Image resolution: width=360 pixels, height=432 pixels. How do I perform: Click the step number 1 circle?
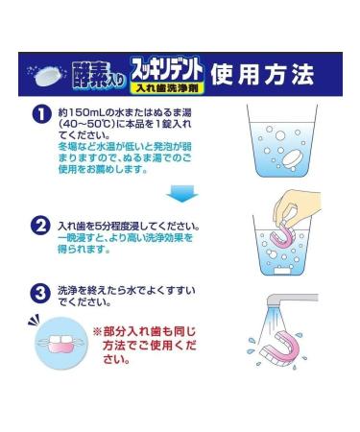pyautogui.click(x=40, y=113)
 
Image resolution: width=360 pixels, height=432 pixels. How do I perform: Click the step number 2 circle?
pyautogui.click(x=40, y=228)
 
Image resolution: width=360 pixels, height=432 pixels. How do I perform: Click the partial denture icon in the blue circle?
pyautogui.click(x=55, y=342)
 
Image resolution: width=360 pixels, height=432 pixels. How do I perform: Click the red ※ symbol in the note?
pyautogui.click(x=96, y=329)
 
